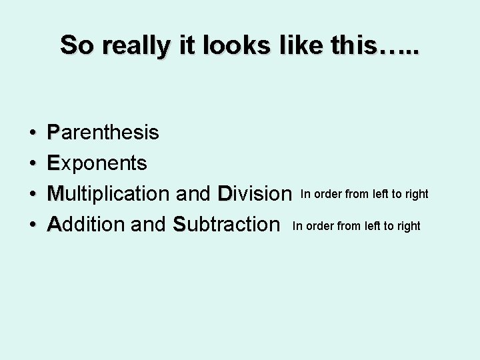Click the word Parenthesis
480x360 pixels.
(x=103, y=133)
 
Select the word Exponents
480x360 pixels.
(x=97, y=163)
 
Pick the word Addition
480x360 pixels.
(x=87, y=224)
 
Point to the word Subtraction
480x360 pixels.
(x=225, y=224)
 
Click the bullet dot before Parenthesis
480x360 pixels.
(x=33, y=133)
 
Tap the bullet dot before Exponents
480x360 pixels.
(x=33, y=163)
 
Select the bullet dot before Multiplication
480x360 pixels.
(x=33, y=194)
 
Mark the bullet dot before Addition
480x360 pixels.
(x=33, y=225)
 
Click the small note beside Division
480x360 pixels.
(x=365, y=194)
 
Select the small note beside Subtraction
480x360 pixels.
(x=357, y=226)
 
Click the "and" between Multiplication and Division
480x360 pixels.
(x=195, y=193)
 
